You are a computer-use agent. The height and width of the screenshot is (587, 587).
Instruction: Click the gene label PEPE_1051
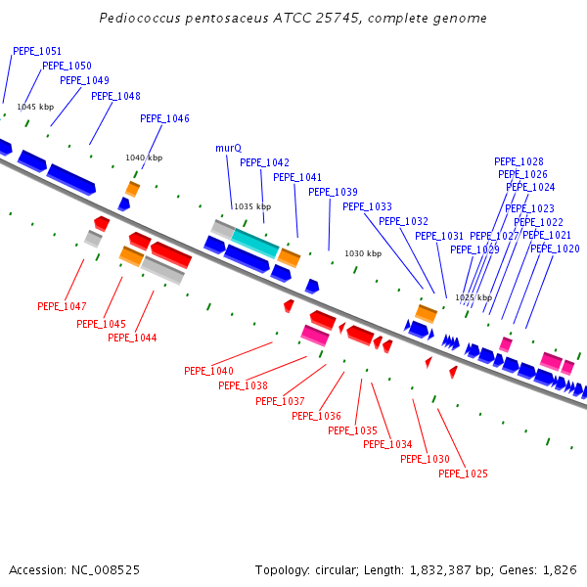click(x=37, y=51)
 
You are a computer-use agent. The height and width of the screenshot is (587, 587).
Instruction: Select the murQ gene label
click(x=228, y=148)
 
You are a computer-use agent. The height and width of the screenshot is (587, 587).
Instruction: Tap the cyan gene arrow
click(x=254, y=241)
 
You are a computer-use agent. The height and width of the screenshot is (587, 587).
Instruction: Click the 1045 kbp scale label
click(x=35, y=107)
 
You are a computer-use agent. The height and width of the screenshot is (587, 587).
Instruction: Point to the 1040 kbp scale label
click(x=144, y=158)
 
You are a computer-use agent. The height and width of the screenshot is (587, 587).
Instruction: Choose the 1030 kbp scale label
click(x=363, y=253)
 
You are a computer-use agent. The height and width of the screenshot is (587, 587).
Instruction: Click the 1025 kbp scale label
click(x=474, y=297)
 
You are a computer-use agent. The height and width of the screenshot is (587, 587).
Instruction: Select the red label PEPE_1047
click(x=62, y=306)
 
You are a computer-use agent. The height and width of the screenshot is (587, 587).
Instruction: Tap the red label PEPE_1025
click(x=463, y=474)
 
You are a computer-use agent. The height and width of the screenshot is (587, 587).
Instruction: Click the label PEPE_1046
click(x=164, y=118)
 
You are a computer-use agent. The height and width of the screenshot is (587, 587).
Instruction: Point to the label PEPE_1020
click(x=555, y=248)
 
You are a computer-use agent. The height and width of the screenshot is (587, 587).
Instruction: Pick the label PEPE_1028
click(x=519, y=161)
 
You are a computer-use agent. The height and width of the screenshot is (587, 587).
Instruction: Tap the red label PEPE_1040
click(x=208, y=371)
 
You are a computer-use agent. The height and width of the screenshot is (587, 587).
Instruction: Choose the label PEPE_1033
click(x=367, y=206)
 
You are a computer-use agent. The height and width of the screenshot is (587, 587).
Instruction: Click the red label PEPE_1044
click(x=132, y=338)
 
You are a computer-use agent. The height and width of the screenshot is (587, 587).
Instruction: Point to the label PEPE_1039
click(x=333, y=192)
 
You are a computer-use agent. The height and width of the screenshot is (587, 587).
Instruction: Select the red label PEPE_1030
click(x=426, y=459)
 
